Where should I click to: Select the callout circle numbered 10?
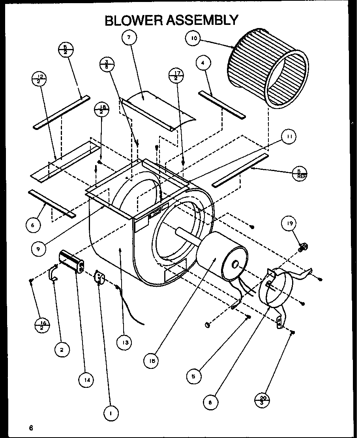pyautogui.click(x=193, y=38)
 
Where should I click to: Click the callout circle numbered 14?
pyautogui.click(x=86, y=380)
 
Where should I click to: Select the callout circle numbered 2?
pyautogui.click(x=62, y=350)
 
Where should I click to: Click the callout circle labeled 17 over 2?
pyautogui.click(x=176, y=75)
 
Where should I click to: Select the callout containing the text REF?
pyautogui.click(x=300, y=173)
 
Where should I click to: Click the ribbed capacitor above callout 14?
pyautogui.click(x=71, y=262)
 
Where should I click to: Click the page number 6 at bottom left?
pyautogui.click(x=31, y=427)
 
